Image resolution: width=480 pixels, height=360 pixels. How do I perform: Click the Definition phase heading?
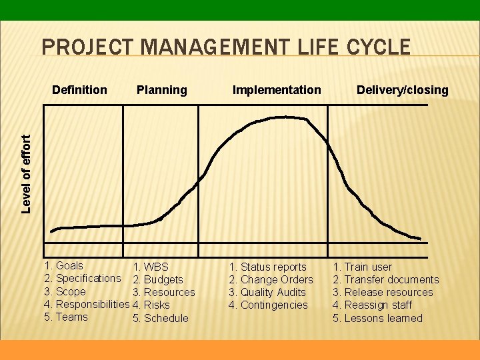tap(79, 90)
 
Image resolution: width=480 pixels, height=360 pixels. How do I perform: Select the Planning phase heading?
tap(161, 90)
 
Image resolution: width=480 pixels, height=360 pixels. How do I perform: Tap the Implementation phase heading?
tap(276, 90)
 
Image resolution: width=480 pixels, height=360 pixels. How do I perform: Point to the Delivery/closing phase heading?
tap(402, 90)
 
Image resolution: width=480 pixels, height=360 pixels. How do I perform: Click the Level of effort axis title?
tap(27, 174)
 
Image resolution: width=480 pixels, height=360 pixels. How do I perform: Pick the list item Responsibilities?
tap(93, 304)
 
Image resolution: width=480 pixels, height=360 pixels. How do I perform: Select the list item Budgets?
tap(163, 280)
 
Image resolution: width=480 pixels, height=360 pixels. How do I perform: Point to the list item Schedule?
tap(166, 318)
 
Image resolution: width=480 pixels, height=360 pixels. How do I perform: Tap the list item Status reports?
tap(273, 267)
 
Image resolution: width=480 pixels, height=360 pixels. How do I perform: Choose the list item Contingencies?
tap(274, 305)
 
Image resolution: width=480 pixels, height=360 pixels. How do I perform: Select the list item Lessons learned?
tap(383, 318)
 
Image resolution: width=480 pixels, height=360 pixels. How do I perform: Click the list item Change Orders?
tap(276, 280)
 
